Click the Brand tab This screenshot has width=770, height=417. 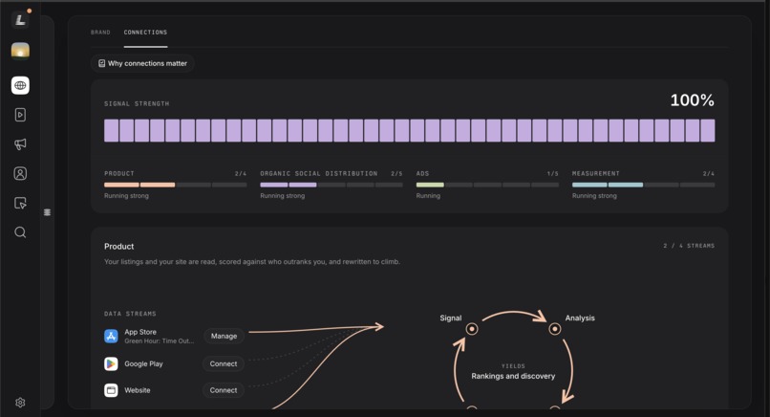pos(100,33)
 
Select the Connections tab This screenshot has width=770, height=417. pos(145,33)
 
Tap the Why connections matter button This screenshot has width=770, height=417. pos(142,63)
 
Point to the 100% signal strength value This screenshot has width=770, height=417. pos(692,100)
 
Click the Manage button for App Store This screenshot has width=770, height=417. pos(224,336)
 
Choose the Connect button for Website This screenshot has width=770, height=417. pos(224,390)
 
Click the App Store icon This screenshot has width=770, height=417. pos(111,337)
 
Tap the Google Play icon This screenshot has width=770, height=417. pos(111,363)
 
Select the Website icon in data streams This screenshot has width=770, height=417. pos(111,390)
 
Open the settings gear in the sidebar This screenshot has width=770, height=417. pos(20,403)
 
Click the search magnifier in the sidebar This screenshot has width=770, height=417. pos(20,232)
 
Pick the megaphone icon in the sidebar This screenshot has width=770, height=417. pos(20,144)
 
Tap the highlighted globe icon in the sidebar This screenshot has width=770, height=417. pos(20,85)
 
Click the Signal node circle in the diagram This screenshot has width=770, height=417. pos(471,328)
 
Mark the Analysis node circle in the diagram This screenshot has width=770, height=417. pos(555,328)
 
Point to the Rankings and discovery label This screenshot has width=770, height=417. pos(513,376)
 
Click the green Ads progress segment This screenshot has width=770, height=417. pos(430,185)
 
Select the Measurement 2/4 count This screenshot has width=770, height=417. pos(709,173)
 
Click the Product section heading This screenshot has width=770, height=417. pos(118,247)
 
